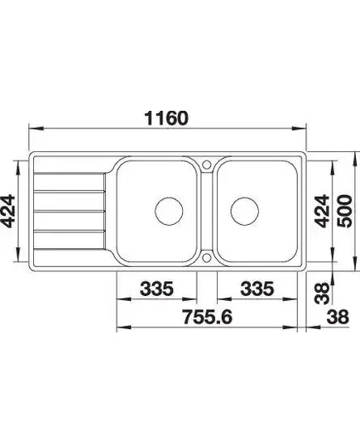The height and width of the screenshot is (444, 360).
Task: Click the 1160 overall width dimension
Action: point(166,118)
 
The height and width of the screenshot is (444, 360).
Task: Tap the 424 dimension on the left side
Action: point(7,211)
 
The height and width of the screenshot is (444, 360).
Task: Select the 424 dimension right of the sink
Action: point(323,211)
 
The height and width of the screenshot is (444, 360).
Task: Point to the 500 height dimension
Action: point(345,211)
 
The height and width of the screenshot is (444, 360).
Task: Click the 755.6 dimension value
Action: point(207,317)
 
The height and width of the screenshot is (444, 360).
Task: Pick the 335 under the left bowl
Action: point(156,289)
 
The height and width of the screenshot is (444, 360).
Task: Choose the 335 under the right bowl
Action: point(257,289)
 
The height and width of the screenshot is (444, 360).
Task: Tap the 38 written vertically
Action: point(323,294)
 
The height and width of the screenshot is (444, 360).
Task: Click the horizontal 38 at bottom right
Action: point(338,317)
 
